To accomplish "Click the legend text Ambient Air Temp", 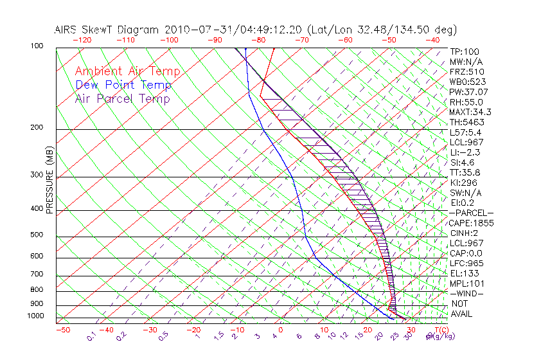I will coord(127,71).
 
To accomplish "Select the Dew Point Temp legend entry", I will coord(123,85).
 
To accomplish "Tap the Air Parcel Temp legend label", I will coord(122,98).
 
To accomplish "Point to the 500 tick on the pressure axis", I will coord(36,235).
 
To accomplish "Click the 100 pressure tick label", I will coord(36,46).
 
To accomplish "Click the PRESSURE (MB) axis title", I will coord(49,181).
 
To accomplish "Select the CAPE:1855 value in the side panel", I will coord(470,222).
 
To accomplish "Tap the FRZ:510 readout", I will coord(467,71).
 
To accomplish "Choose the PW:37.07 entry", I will coord(469,92).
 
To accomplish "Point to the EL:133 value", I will coord(465,273).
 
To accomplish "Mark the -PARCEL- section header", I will coord(471,213).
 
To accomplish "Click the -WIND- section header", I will coord(467,293).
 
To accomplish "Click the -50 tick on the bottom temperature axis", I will coord(62,330).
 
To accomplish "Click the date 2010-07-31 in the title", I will coord(195,30).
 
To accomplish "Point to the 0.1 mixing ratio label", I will coord(92,336).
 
